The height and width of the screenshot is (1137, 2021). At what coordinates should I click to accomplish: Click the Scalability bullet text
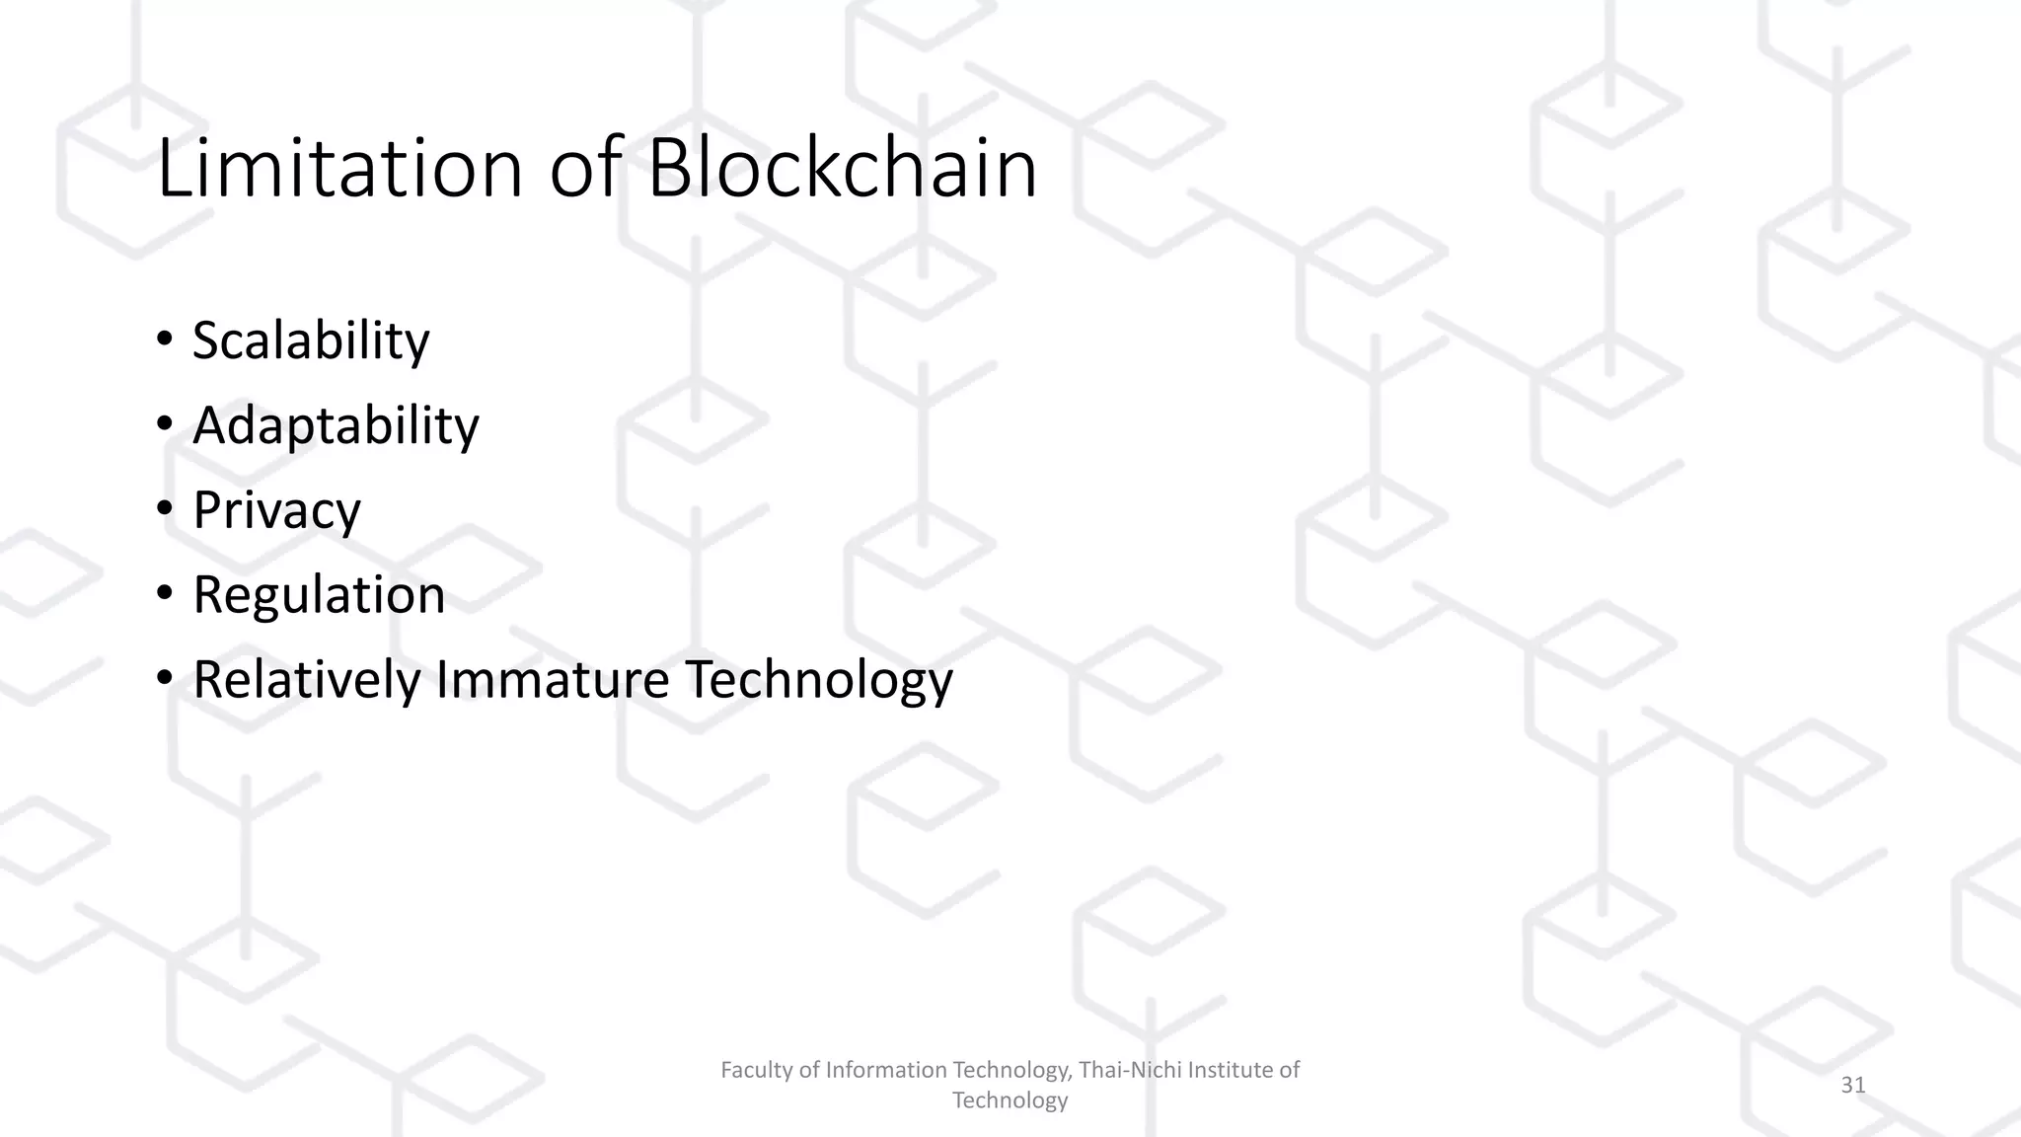pos(311,341)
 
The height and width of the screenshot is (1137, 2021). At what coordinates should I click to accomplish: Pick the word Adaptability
pos(336,425)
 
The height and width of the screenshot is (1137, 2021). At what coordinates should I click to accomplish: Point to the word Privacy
pos(276,510)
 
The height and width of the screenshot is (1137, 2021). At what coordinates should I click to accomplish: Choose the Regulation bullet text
pos(319,594)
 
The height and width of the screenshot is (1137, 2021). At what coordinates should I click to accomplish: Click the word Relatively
pos(306,679)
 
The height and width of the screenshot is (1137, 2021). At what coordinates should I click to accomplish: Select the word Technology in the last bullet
pos(819,679)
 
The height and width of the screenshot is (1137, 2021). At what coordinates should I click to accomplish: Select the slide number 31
pos(1853,1085)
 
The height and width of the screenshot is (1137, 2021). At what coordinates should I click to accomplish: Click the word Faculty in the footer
pos(754,1070)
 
